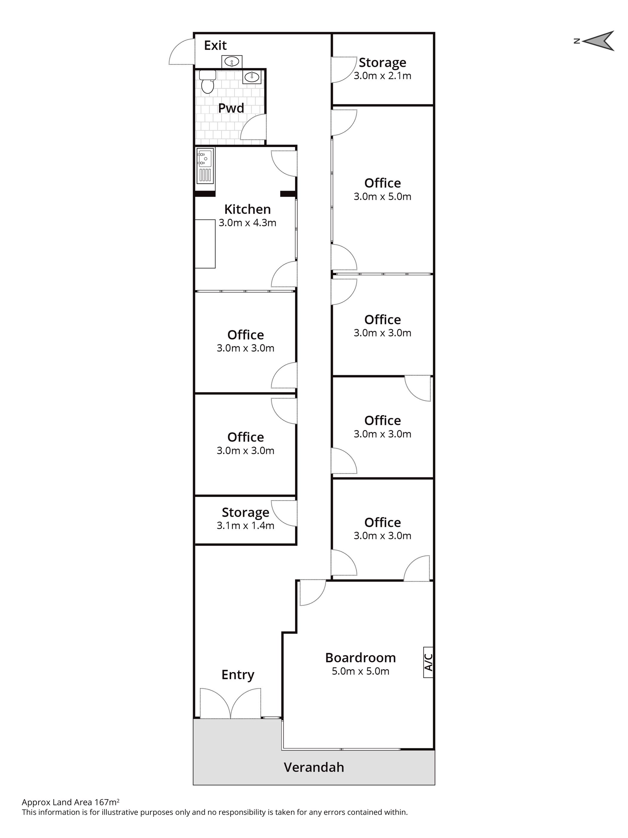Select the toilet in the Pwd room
coord(207,82)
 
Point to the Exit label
coord(215,45)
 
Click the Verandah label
coord(314,767)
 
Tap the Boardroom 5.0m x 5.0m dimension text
coord(360,671)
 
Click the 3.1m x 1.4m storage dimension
coord(245,525)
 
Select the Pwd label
coord(231,108)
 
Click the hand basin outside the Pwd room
coord(231,61)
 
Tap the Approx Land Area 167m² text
coord(71,802)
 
